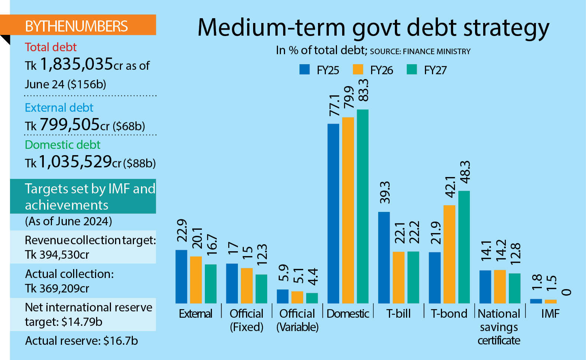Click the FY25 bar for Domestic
coord(333,213)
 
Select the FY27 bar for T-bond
coord(464,247)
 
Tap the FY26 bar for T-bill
coord(399,277)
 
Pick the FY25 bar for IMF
coord(536,301)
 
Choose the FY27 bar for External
coord(211,284)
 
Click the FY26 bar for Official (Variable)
coord(297,297)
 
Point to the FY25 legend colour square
coord(305,69)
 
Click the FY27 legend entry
coord(427,70)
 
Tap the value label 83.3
coord(363,90)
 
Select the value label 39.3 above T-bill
coord(385,193)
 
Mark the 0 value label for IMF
coord(566,292)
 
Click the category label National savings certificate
coord(499,327)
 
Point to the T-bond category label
coord(449,314)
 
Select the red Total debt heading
coord(50,47)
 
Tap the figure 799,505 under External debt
coord(70,124)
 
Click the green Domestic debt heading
coord(62,145)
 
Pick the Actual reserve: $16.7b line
coord(81,341)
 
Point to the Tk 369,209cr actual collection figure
coord(57,288)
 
